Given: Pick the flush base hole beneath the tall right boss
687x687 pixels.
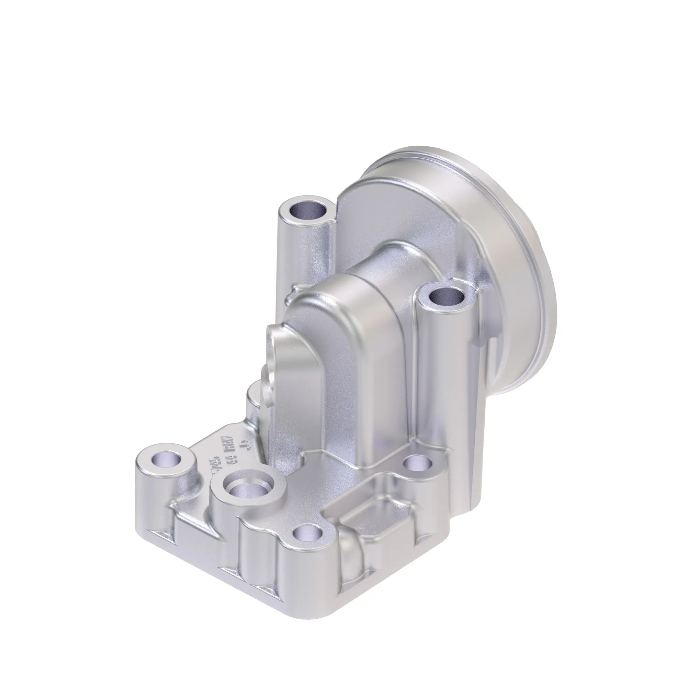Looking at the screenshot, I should pos(418,464).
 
